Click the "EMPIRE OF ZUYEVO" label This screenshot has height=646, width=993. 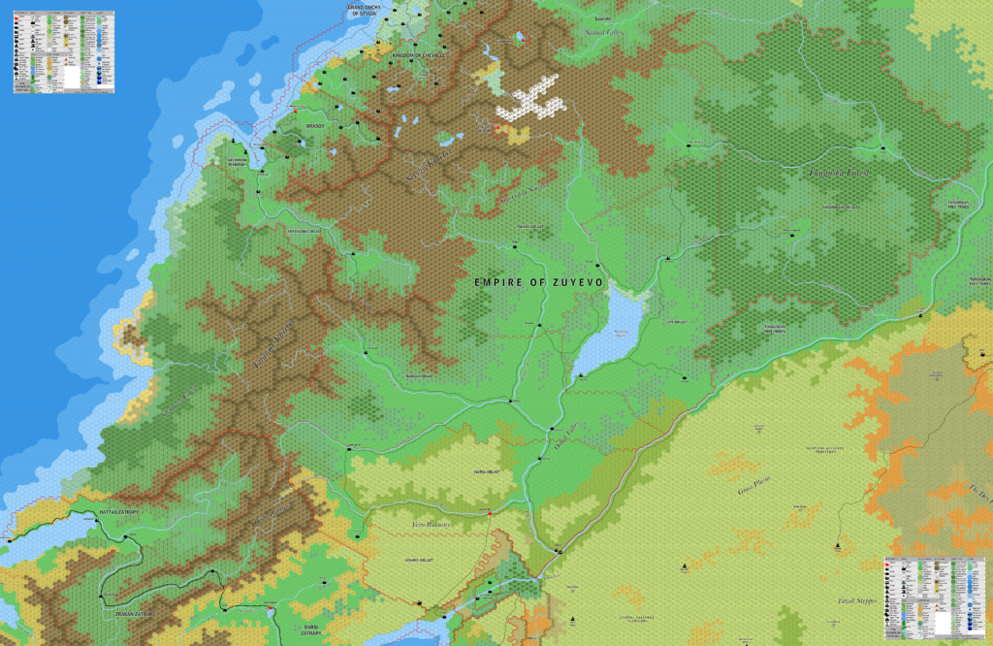click(x=538, y=281)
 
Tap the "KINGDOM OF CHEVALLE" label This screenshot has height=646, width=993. click(x=419, y=56)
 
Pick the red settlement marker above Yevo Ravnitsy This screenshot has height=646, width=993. click(x=490, y=511)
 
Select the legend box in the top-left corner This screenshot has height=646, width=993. click(x=64, y=51)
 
